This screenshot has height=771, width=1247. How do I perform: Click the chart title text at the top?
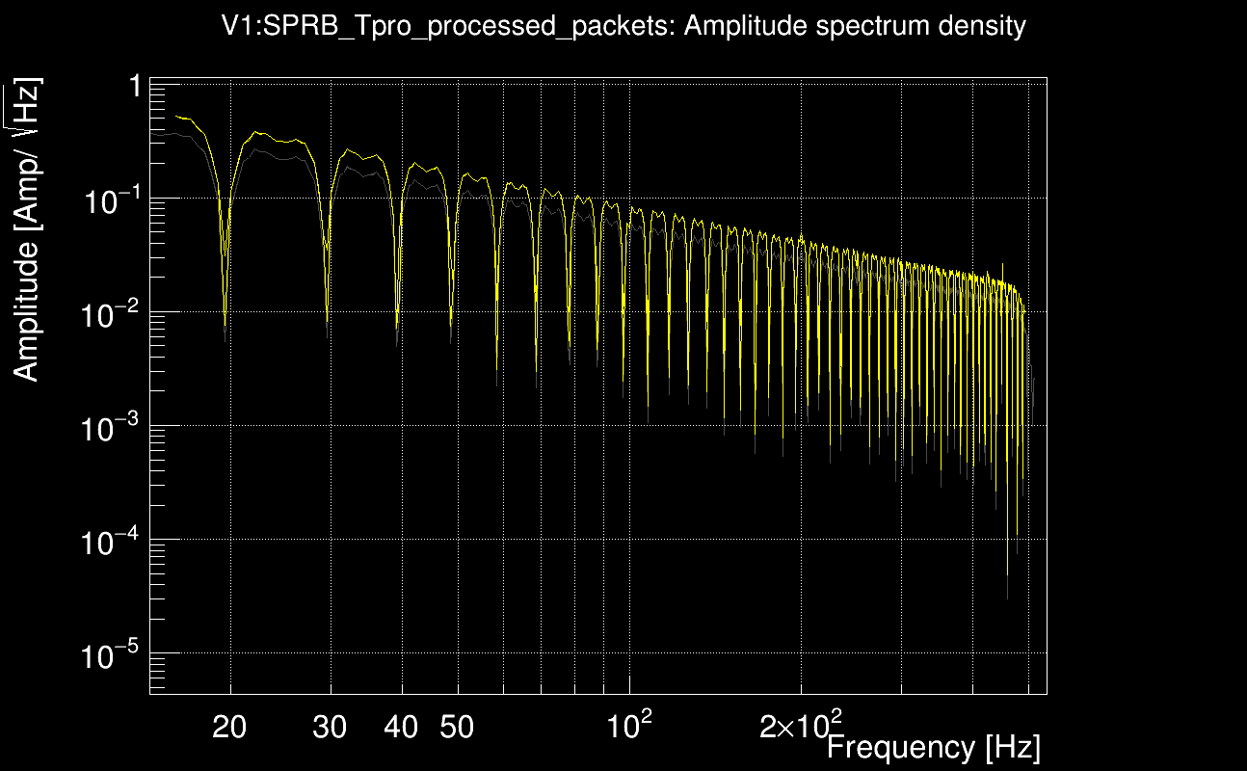pos(623,26)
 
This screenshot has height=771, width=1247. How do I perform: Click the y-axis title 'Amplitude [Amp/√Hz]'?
pos(28,229)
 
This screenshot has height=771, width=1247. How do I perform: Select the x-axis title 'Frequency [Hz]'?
pos(933,747)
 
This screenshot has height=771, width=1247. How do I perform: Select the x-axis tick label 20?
pos(229,728)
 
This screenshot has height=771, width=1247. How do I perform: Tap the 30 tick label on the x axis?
pos(330,728)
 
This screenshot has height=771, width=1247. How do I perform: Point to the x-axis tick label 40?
pos(401,728)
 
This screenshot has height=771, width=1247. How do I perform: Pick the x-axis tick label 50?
pos(457,728)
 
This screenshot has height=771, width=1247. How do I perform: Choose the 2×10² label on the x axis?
pos(800,726)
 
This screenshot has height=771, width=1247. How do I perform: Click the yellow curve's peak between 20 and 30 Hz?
pos(256,132)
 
